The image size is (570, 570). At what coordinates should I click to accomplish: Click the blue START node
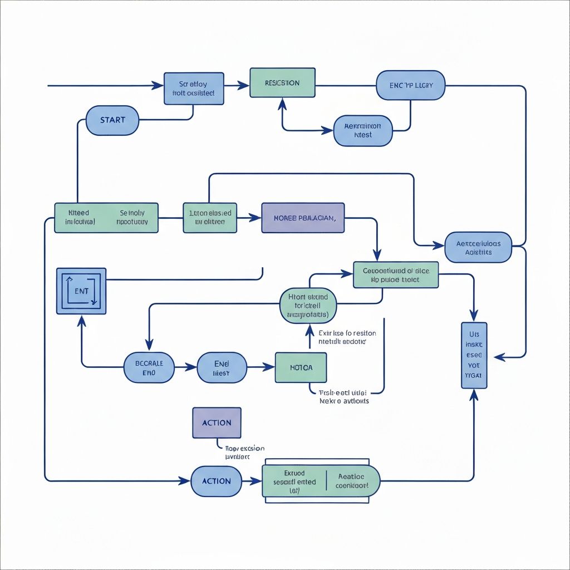tap(112, 120)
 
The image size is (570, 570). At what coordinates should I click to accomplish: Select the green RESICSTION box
tap(282, 83)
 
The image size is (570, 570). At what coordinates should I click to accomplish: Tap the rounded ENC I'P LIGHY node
tap(411, 86)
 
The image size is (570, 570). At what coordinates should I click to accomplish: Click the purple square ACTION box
tap(217, 422)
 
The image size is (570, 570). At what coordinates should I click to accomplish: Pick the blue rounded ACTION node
tap(217, 481)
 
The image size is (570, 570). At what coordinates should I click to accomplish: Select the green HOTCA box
tap(301, 367)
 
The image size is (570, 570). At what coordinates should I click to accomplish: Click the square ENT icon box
tap(81, 291)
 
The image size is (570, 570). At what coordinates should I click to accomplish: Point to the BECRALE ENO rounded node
tap(149, 367)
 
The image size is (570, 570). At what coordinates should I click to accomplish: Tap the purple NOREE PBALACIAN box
tap(303, 217)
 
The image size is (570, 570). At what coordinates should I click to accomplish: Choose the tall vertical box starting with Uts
tap(474, 355)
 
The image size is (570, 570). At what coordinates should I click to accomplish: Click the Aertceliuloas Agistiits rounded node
tap(478, 248)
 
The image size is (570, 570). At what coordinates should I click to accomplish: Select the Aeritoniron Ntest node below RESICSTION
tap(363, 131)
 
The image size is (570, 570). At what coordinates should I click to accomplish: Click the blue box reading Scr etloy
tap(194, 89)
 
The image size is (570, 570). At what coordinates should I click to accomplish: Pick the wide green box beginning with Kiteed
tap(106, 217)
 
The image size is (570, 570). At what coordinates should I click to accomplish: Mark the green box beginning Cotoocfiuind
tap(396, 275)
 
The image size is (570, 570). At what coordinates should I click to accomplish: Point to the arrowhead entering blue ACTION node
tap(185, 480)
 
